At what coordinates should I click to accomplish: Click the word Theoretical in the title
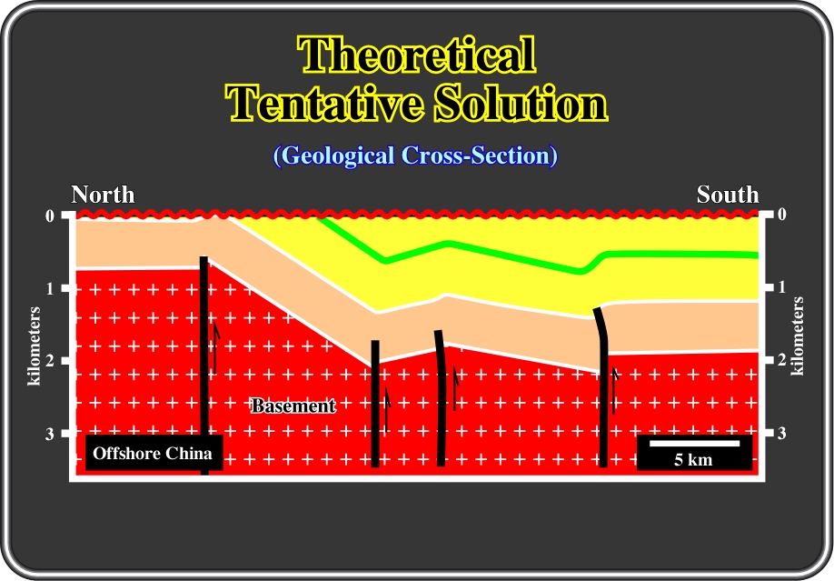(416, 55)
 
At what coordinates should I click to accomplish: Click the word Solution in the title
(521, 103)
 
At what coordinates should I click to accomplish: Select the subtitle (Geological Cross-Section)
(415, 155)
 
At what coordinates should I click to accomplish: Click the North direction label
(103, 195)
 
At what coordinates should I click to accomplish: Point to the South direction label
(728, 195)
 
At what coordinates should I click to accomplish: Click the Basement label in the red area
(293, 406)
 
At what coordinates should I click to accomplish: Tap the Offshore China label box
(154, 453)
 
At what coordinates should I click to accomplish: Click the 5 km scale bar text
(693, 459)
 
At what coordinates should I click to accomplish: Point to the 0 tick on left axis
(49, 216)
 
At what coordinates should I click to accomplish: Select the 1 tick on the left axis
(49, 289)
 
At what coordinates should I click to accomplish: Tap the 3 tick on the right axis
(781, 434)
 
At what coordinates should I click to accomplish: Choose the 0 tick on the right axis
(781, 215)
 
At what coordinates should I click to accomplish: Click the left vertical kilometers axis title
(34, 346)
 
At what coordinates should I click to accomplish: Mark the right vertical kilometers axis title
(798, 336)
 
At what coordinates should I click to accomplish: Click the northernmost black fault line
(204, 366)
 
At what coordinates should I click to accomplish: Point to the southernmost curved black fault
(603, 387)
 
